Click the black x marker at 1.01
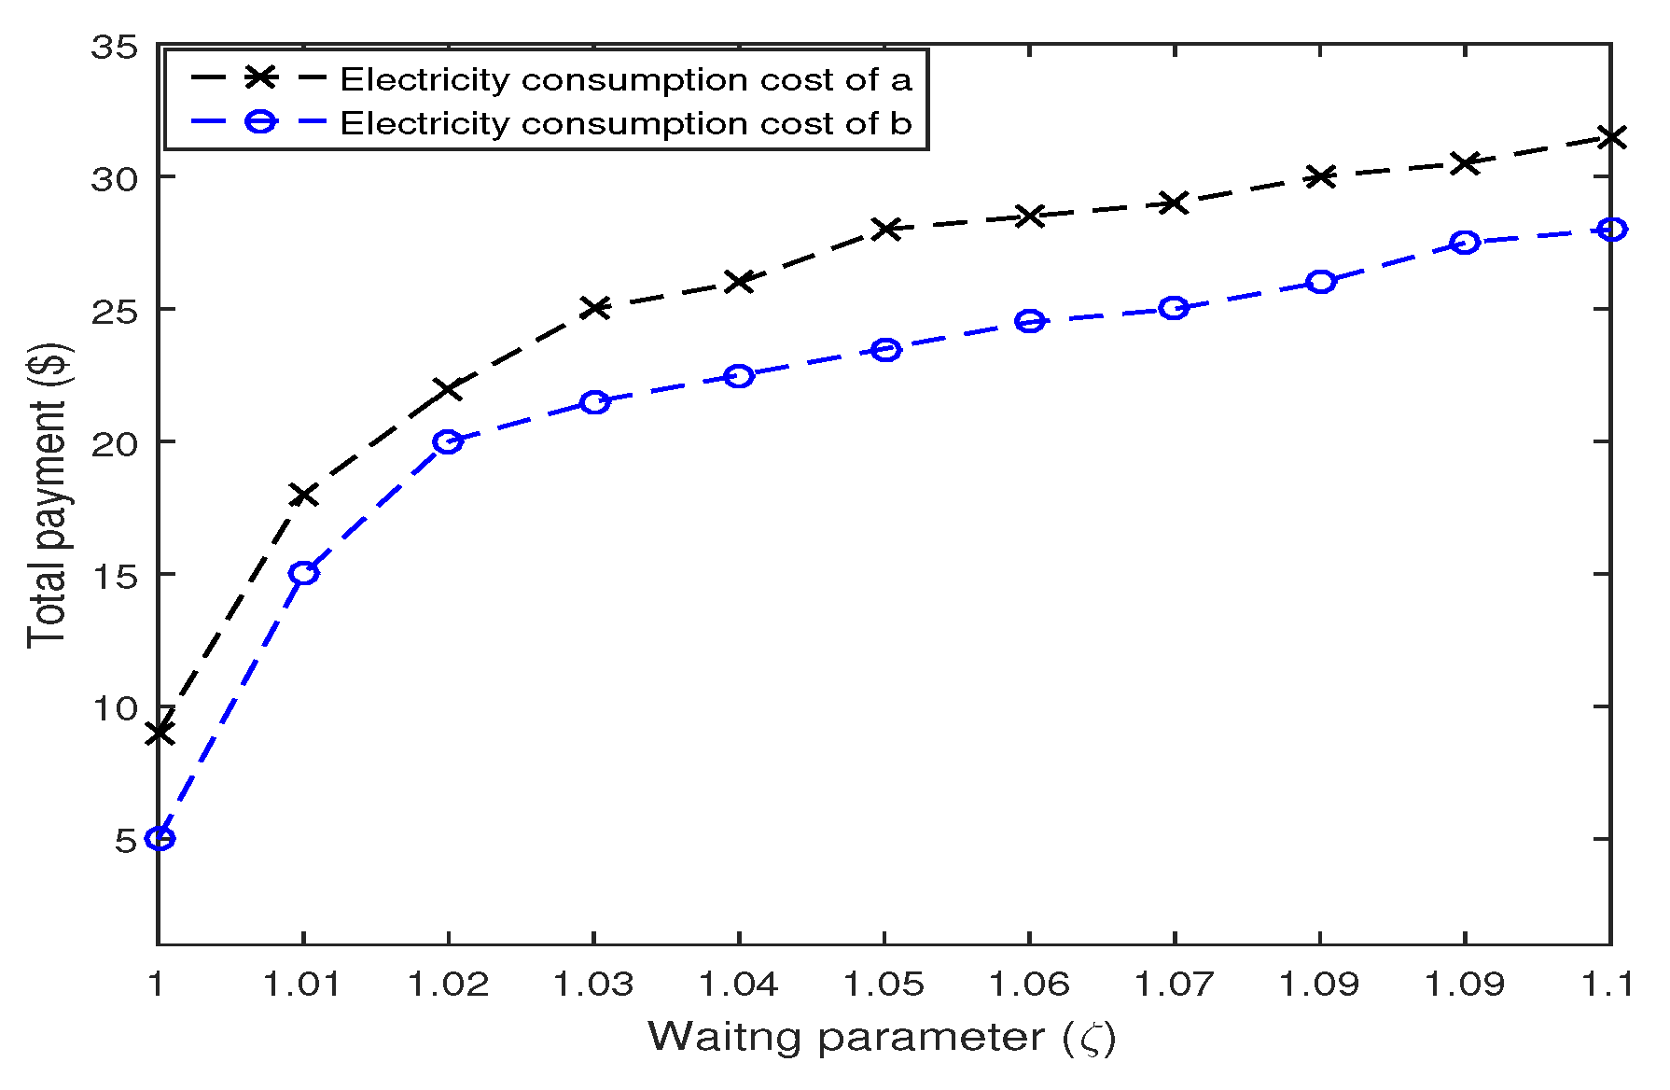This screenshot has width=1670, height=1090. tap(303, 495)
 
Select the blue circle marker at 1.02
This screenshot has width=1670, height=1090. tap(448, 441)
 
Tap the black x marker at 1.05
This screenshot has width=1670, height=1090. tap(885, 229)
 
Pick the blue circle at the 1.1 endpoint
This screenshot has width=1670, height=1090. tap(1611, 230)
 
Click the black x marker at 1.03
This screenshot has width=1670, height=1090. tap(594, 308)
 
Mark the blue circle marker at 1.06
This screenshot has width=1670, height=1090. tap(1030, 322)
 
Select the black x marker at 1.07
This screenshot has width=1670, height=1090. tap(1175, 203)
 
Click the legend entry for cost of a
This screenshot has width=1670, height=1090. tap(625, 79)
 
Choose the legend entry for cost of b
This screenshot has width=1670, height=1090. tap(625, 123)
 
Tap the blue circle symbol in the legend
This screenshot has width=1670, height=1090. tap(261, 122)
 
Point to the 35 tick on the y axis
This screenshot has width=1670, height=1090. tap(114, 47)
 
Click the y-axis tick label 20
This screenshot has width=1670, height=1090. tap(114, 442)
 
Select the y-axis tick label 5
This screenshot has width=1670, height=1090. tap(126, 840)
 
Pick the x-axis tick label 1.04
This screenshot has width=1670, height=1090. tap(739, 984)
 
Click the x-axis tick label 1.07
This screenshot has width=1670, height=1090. tap(1175, 984)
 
